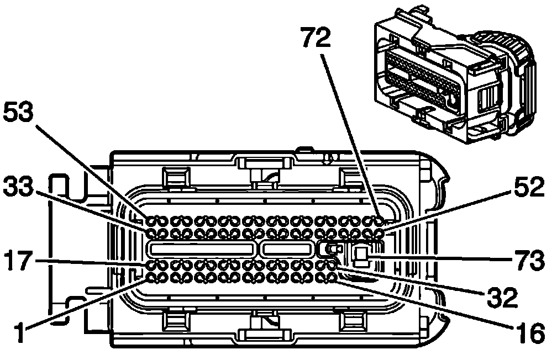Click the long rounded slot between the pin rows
[x=202, y=249]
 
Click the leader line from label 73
[x=442, y=257]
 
